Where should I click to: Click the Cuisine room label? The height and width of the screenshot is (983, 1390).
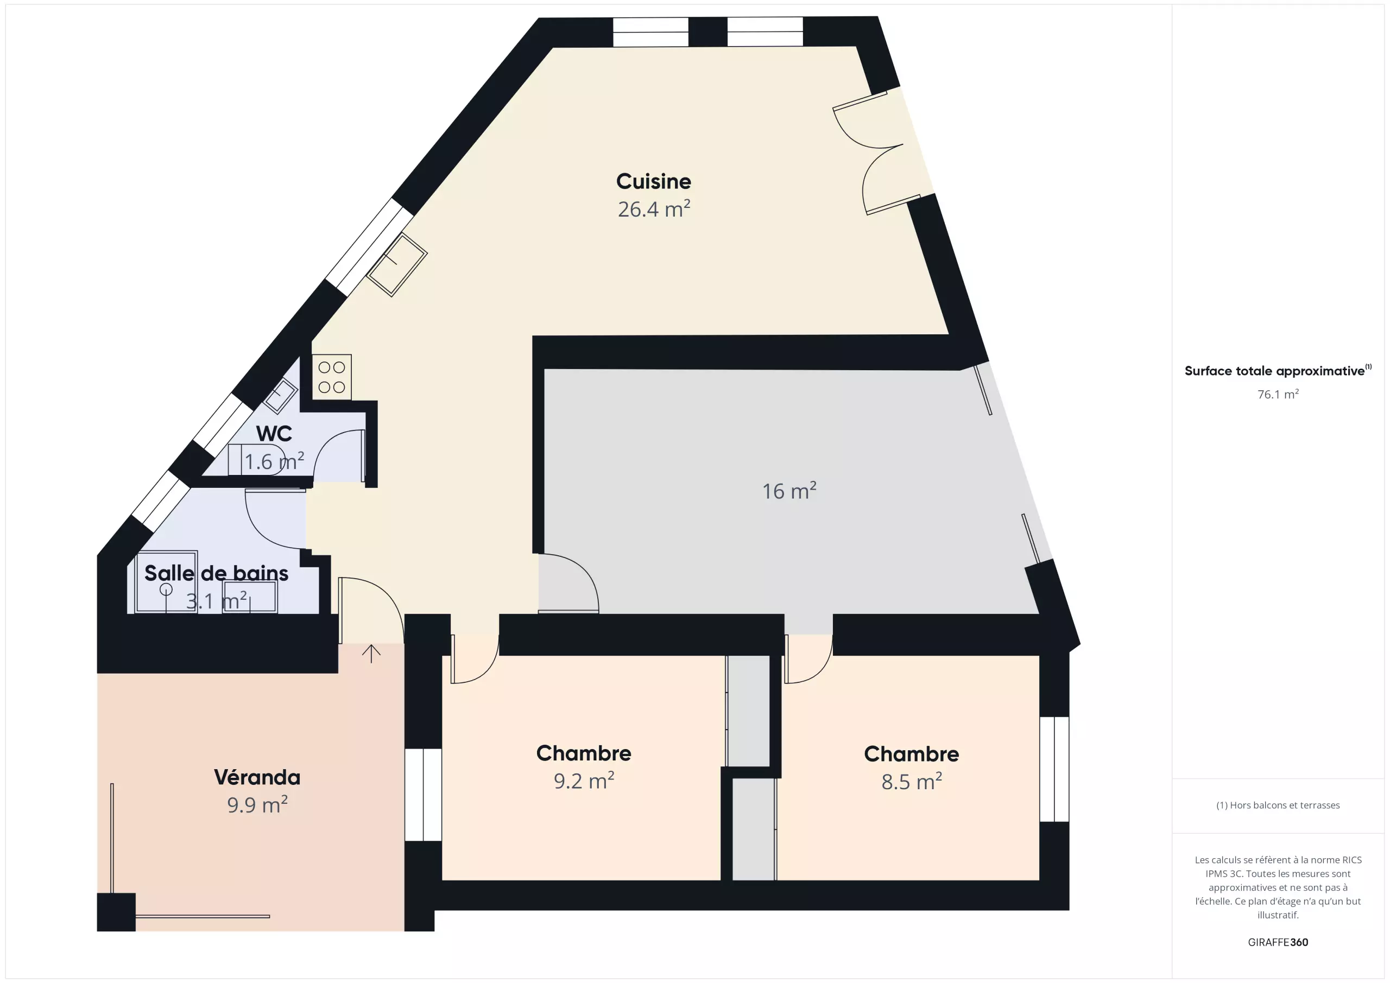[x=653, y=181]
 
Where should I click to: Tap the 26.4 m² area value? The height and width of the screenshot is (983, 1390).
[x=654, y=209]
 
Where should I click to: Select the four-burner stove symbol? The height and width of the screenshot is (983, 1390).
[x=332, y=377]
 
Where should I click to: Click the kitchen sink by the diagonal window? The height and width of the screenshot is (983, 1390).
[x=396, y=264]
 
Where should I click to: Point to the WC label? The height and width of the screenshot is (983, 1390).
[x=274, y=433]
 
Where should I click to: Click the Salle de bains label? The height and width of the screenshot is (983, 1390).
[x=216, y=573]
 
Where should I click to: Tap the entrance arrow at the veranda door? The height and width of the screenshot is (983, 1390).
[x=371, y=653]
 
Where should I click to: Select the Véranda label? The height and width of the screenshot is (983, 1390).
[x=257, y=777]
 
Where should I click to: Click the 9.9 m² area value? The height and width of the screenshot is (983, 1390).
[x=257, y=804]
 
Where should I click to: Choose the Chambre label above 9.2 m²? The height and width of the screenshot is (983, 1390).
[x=584, y=753]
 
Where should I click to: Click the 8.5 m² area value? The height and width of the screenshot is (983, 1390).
[x=912, y=782]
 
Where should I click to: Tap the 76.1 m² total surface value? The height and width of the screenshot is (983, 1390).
[x=1278, y=394]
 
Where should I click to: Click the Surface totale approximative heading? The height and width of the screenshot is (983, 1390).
[x=1278, y=370]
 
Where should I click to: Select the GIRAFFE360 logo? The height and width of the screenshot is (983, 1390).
[x=1278, y=942]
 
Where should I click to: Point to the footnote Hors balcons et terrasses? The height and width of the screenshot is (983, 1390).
[x=1278, y=805]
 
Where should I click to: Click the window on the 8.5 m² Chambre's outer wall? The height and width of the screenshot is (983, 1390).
[x=1054, y=769]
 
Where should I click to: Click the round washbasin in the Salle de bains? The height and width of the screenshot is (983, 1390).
[x=166, y=589]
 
